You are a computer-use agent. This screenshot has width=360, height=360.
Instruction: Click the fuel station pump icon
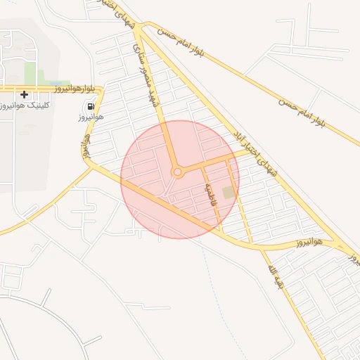91,106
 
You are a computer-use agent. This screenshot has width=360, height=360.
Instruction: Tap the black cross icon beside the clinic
25,94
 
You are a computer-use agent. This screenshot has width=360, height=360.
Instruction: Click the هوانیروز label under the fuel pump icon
91,117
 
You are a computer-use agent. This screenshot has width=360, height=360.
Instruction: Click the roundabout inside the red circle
178,172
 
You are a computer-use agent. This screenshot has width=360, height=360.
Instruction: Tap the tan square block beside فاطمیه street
228,192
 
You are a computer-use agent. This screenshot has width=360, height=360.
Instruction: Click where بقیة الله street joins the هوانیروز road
257,247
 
